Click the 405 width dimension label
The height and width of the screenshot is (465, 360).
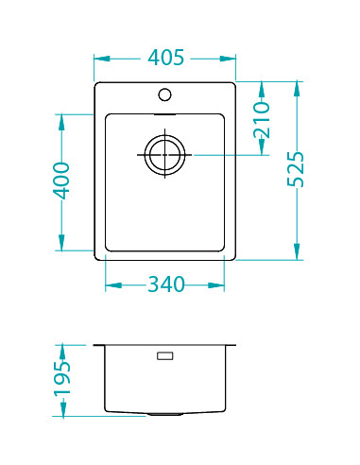coord(164,59)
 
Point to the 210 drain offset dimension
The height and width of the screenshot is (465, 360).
coord(263,120)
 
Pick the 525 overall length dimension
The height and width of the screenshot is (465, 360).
coord(297,170)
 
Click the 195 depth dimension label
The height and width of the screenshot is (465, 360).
coord(61,380)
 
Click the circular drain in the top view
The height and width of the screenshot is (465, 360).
coord(164,154)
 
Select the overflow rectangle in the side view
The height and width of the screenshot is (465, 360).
coord(164,356)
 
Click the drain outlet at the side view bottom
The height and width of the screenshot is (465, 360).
coord(164,414)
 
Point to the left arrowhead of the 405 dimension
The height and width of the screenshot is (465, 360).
coord(98,59)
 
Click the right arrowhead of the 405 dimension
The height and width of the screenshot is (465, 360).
coord(231,59)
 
